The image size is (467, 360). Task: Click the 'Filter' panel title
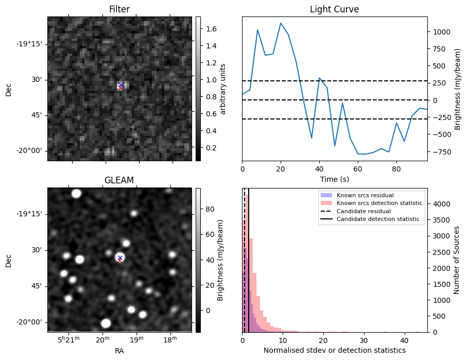pos(119,9)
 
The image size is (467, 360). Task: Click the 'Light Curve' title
pos(334,9)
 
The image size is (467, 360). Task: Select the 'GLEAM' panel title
pos(119,180)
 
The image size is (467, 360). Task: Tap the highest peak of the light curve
pos(281,23)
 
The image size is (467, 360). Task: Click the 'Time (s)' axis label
pos(334,179)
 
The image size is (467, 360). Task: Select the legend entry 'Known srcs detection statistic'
pos(379,203)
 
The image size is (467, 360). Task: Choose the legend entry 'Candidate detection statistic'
pos(377,219)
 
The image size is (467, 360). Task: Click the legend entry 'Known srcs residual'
pos(365,195)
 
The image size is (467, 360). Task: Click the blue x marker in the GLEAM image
pos(120,258)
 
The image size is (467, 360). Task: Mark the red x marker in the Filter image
pos(120,88)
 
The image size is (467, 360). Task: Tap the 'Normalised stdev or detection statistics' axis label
pos(334,350)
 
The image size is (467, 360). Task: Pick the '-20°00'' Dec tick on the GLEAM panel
pos(30,322)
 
